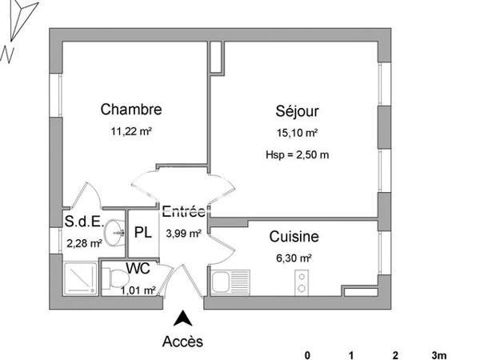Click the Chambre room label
131,110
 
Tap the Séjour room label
296,113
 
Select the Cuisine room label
294,237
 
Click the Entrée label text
183,213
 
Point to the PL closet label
143,233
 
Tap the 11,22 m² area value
131,133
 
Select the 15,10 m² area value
296,134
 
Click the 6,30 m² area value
294,258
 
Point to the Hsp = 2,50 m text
296,155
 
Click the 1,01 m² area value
138,290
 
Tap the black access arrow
183,318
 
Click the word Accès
182,342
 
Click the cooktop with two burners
302,282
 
